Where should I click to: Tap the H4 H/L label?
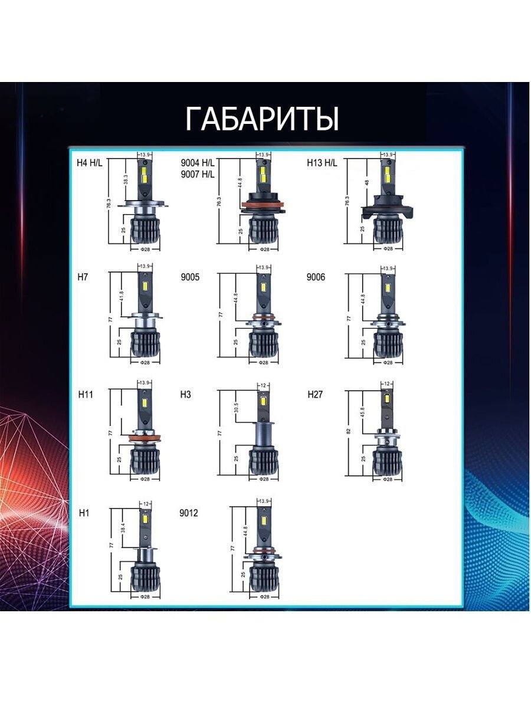(x=90, y=163)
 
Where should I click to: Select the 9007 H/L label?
(x=198, y=174)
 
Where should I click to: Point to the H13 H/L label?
(x=322, y=163)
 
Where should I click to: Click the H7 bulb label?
(x=82, y=277)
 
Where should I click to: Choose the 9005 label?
(x=189, y=277)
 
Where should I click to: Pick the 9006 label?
(x=316, y=277)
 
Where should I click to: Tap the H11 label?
(x=86, y=394)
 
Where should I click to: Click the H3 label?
(x=185, y=394)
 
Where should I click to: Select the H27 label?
(x=315, y=394)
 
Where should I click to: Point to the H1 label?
(x=84, y=513)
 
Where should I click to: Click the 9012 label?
(x=189, y=513)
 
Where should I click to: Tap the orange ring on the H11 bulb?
(x=142, y=437)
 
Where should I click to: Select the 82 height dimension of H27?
(x=349, y=432)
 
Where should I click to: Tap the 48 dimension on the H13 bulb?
(x=366, y=183)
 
